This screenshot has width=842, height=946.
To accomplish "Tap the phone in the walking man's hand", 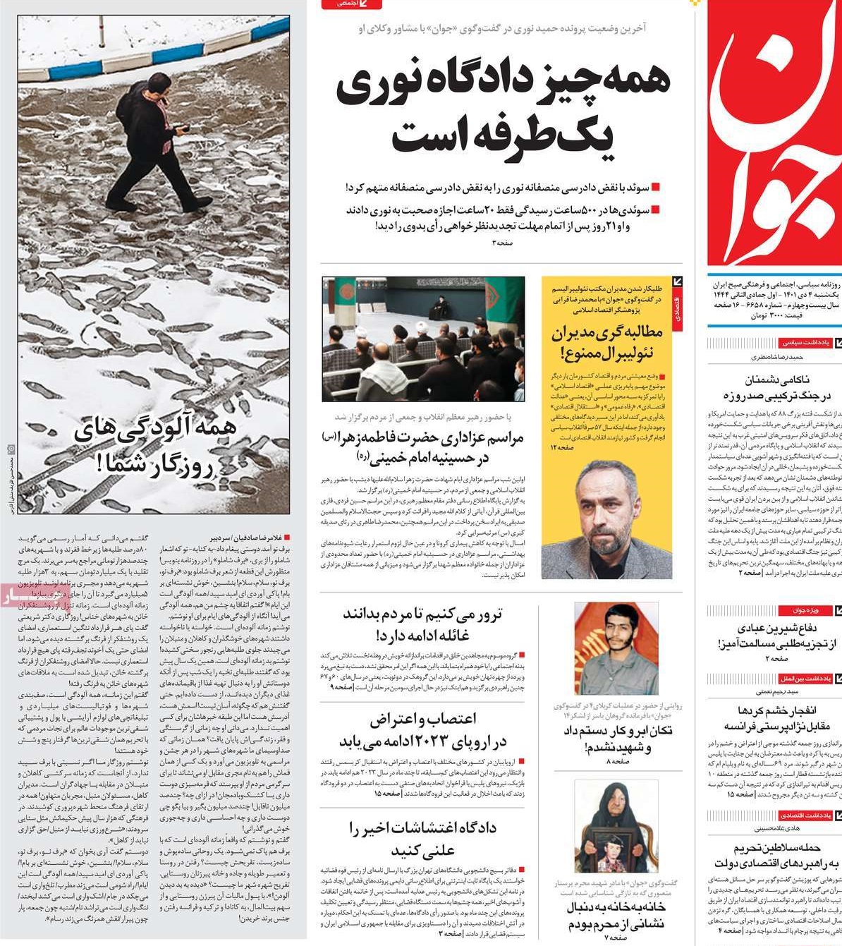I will point(182,130).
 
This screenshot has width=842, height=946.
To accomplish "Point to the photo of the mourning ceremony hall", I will point(423,339).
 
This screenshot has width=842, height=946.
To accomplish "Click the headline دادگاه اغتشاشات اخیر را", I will point(422,828).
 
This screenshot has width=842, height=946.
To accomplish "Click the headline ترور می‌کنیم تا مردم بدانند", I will point(422,614).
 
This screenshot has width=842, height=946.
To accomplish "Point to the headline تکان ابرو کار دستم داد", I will point(617,730).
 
